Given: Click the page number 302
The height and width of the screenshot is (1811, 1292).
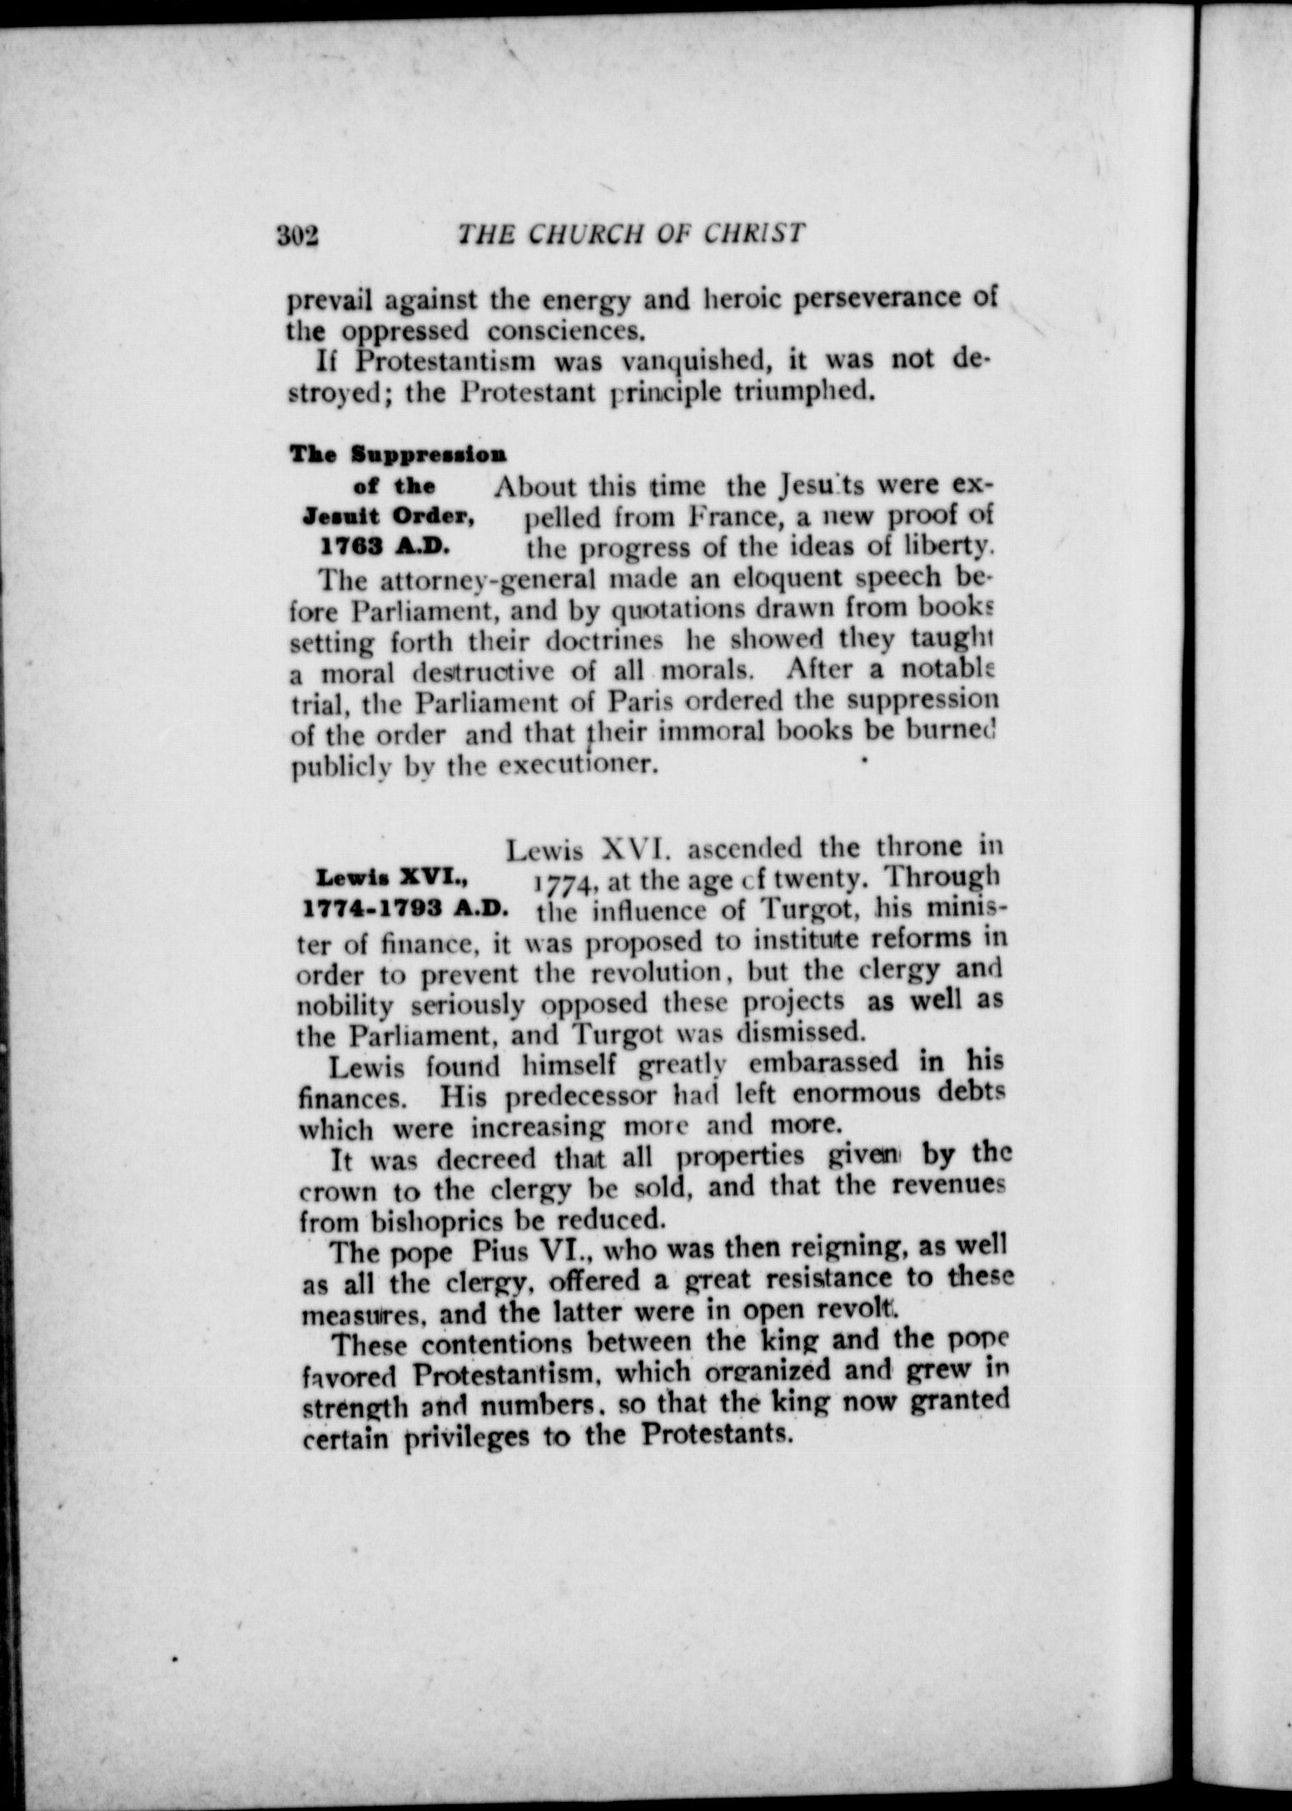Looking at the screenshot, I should (x=299, y=237).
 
